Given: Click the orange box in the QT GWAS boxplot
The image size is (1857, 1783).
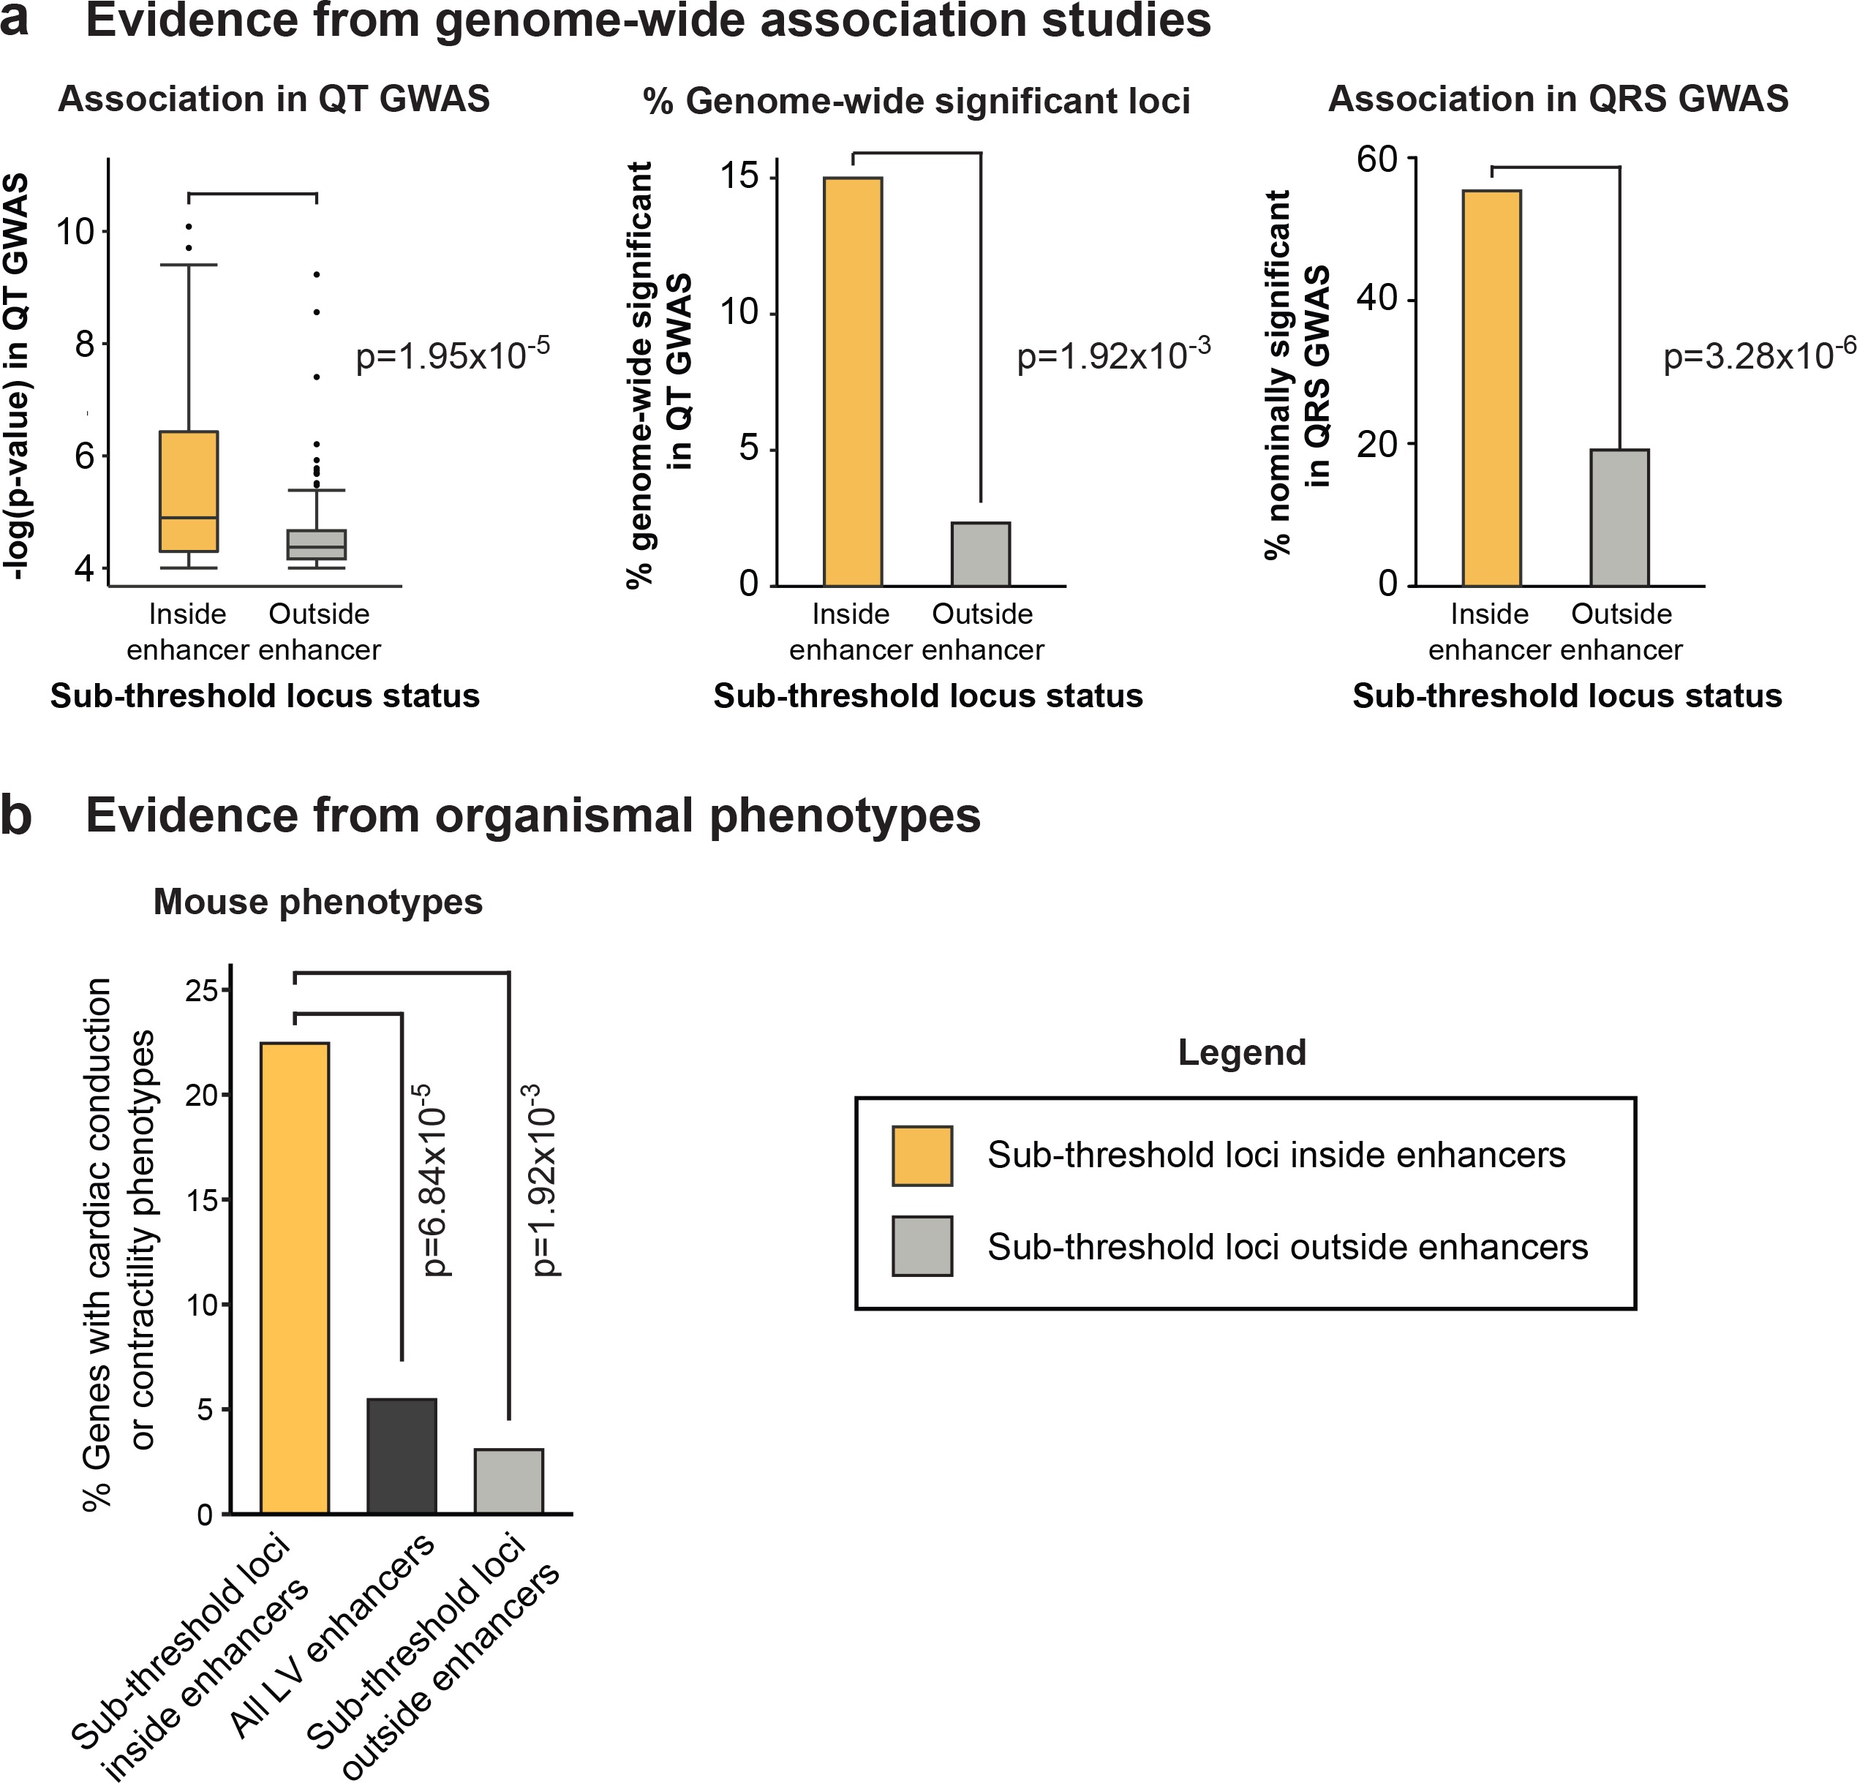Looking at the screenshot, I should [189, 491].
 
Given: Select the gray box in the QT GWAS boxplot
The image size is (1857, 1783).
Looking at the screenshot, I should [317, 545].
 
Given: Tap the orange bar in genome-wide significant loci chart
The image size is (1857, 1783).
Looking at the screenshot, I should [853, 381].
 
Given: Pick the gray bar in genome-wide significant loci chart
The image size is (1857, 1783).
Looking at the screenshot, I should [981, 554].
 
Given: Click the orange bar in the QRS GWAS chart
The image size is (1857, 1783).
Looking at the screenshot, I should [1492, 388].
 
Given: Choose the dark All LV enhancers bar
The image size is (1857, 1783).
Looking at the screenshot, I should [402, 1456].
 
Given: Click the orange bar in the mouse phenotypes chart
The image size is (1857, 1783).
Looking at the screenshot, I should [295, 1278].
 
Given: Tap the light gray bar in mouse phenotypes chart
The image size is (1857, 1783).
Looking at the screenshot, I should [509, 1481].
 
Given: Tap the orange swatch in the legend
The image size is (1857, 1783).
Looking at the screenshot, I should [922, 1156].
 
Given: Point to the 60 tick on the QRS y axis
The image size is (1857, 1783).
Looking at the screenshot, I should [1376, 159].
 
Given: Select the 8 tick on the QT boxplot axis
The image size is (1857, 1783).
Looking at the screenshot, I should [86, 343].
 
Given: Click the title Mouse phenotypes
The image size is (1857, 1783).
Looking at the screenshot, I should [318, 902].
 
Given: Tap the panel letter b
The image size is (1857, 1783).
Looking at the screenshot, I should [16, 815].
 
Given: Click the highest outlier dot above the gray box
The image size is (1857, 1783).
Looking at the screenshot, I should [317, 275].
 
